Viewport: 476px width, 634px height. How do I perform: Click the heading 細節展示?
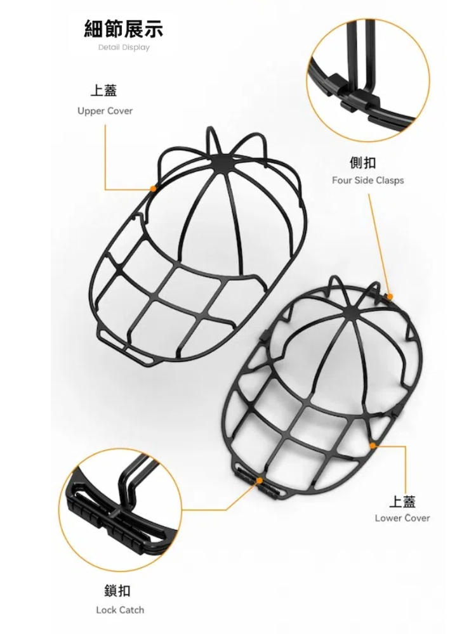(x=124, y=29)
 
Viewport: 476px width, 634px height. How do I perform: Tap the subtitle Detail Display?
(x=124, y=48)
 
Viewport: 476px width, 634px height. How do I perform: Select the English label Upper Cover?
(x=105, y=111)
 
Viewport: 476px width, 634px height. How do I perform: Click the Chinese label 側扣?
(x=362, y=162)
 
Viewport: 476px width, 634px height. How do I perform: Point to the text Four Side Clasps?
(x=368, y=180)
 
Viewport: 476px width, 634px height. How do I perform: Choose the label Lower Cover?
(x=402, y=518)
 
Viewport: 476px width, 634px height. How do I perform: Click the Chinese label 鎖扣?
(x=117, y=591)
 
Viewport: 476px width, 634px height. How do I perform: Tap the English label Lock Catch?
(x=120, y=610)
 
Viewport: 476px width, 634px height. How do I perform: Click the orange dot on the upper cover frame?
(x=153, y=188)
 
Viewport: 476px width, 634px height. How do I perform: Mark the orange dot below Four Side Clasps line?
(x=390, y=297)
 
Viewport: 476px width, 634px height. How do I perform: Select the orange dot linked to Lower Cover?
(x=373, y=445)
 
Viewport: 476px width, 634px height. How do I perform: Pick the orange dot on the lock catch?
(x=259, y=481)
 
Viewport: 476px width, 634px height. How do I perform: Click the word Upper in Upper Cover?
(x=90, y=111)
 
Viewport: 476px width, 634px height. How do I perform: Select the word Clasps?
(x=390, y=180)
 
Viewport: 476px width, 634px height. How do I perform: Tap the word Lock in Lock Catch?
(x=105, y=610)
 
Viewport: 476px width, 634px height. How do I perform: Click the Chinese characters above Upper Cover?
(x=104, y=90)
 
